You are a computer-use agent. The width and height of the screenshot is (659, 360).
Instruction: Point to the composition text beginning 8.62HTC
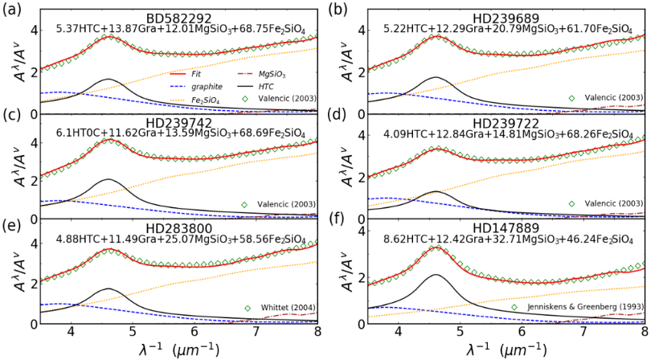[x=508, y=239]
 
